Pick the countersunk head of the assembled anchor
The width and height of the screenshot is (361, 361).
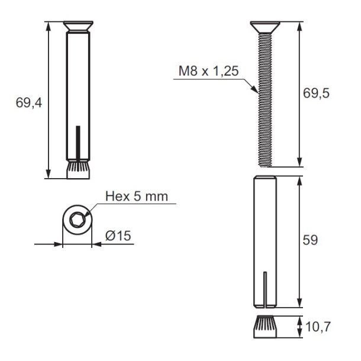point(77,27)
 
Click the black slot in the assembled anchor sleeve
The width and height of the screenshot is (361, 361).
point(77,141)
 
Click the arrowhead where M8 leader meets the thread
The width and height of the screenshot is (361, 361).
point(256,91)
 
